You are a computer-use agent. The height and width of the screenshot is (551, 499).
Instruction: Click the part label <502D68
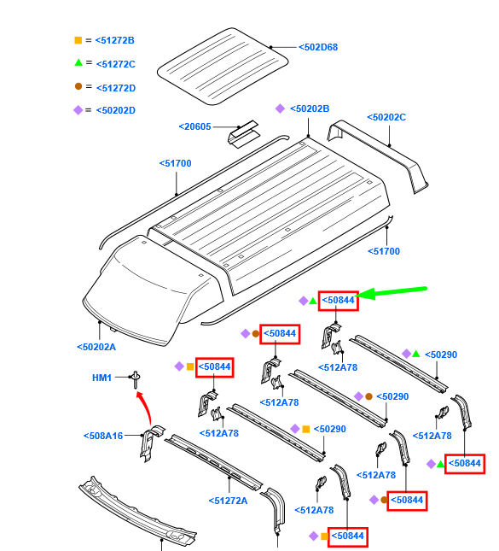(318, 47)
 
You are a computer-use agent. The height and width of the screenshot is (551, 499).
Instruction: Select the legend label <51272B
(115, 40)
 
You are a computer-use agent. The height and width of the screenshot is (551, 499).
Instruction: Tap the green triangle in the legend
(78, 62)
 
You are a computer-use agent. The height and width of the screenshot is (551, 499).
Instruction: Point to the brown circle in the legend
(78, 86)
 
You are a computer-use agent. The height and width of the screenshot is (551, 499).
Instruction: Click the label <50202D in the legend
(116, 110)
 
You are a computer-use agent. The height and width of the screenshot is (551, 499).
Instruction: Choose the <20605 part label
(194, 126)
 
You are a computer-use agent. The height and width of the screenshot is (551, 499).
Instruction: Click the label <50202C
(386, 117)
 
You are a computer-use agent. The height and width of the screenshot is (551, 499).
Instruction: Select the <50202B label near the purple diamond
(310, 108)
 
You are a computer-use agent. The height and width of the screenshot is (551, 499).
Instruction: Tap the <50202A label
(96, 347)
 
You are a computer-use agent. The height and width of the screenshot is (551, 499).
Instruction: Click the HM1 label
(102, 378)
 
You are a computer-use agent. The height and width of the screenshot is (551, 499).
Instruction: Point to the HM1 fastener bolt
(136, 379)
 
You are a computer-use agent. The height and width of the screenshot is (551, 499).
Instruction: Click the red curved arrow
(147, 407)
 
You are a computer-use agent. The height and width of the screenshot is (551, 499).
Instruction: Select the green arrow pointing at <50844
(392, 292)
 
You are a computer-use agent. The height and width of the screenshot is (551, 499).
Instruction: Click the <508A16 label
(103, 436)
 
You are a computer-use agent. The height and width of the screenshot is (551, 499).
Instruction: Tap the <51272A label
(228, 501)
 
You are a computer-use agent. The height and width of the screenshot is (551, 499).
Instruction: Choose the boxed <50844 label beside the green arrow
(339, 301)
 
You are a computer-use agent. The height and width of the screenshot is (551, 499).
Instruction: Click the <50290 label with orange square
(330, 429)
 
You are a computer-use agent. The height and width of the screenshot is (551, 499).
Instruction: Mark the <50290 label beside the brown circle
(392, 396)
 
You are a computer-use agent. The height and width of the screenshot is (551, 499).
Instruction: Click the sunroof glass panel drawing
(223, 66)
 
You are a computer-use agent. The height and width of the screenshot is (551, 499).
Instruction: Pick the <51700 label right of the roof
(384, 251)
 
